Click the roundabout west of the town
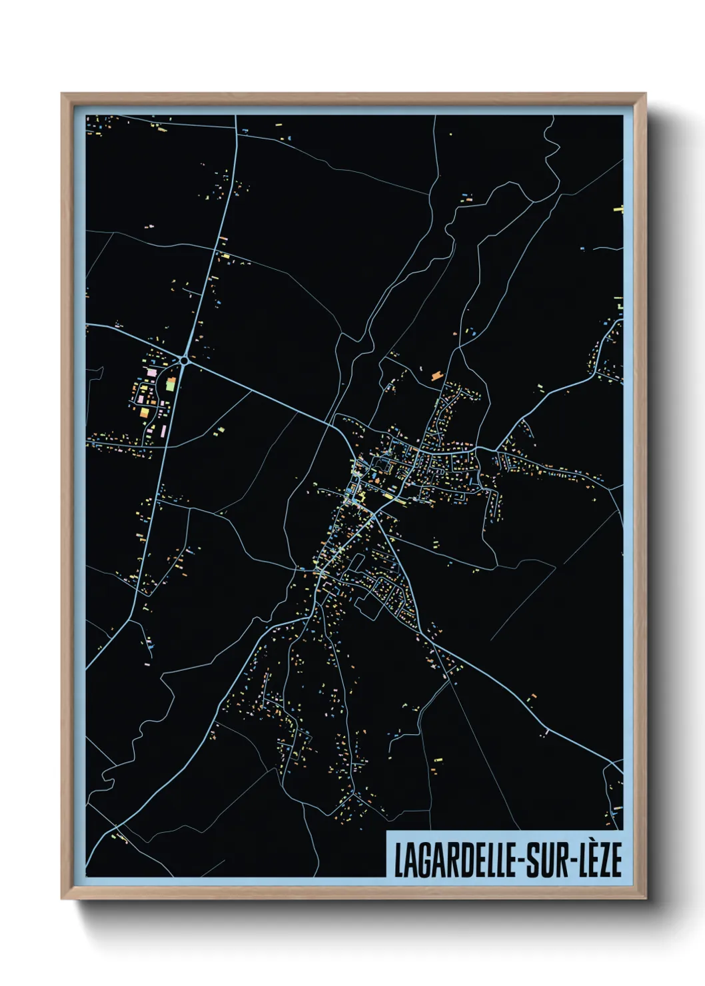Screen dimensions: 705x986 point(183,360)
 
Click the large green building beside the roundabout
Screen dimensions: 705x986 point(170,384)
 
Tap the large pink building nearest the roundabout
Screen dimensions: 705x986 point(151,371)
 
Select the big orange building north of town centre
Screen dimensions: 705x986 point(436,376)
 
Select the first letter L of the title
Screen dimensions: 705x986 point(398,860)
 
